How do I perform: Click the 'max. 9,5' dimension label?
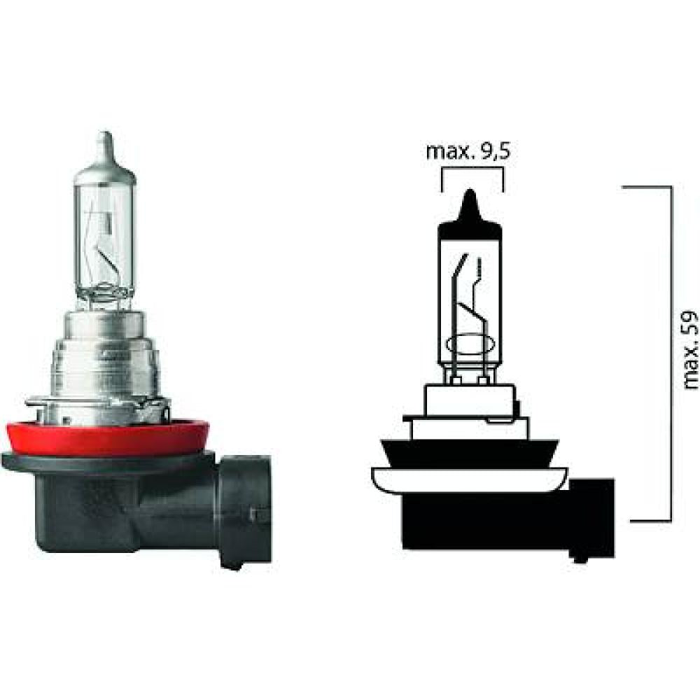(466, 152)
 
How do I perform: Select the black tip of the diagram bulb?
(470, 206)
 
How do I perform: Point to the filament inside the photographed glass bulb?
(105, 245)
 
